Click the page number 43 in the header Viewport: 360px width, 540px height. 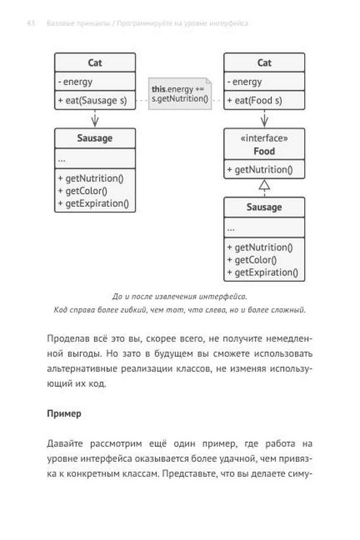tap(31, 24)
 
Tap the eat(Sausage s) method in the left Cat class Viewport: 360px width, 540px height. tap(93, 101)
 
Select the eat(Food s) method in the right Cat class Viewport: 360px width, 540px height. tap(255, 101)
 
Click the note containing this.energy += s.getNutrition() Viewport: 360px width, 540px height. tap(180, 94)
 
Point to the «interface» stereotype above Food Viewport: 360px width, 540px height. tap(264, 139)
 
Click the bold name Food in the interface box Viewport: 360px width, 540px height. tap(264, 151)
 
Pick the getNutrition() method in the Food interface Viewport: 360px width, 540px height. tap(260, 169)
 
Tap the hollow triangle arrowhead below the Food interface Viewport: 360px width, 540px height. tap(264, 185)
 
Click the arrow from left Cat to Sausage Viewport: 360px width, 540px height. tap(95, 119)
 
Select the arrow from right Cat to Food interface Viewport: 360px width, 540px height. tap(264, 119)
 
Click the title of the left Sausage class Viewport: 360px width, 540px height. tap(95, 138)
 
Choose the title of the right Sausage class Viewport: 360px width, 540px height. tap(264, 207)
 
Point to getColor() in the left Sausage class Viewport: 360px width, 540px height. tap(83, 191)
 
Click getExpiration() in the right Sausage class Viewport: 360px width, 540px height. tap(263, 273)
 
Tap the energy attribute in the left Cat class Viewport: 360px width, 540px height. tap(76, 82)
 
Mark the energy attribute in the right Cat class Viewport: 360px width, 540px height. tap(244, 82)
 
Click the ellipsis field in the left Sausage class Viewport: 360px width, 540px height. tap(62, 160)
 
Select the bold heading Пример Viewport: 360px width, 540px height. tap(64, 413)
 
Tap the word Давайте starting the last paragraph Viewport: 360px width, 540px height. tap(65, 443)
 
